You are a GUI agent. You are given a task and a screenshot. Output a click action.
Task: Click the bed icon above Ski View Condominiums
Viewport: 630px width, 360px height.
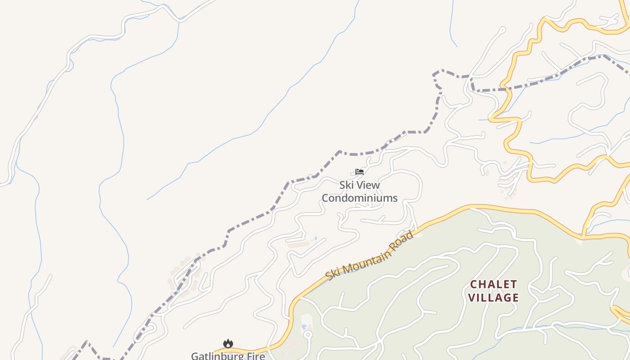(359, 171)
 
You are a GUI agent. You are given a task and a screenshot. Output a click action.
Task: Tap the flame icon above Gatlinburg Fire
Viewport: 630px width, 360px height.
(228, 344)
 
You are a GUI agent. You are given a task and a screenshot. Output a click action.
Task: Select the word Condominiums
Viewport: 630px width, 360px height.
(360, 198)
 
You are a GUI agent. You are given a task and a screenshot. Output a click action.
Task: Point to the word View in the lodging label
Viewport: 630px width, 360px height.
(369, 185)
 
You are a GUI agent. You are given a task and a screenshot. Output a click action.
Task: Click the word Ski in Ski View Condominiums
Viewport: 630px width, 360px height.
(346, 185)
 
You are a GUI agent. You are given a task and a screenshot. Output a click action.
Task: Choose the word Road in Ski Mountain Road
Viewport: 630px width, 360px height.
(402, 239)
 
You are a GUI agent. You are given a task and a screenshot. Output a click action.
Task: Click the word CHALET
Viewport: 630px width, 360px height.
(494, 284)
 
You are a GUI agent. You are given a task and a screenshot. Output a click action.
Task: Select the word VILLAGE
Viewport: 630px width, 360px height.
(494, 297)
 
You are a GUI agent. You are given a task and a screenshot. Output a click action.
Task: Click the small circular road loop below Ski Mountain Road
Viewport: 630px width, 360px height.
(308, 334)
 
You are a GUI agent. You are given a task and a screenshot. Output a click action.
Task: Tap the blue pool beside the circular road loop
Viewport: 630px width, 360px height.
(304, 326)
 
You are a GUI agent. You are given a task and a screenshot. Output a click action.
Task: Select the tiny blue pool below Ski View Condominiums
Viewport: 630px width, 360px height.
(315, 238)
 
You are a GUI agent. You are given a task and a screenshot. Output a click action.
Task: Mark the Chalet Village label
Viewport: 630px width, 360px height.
(494, 291)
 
